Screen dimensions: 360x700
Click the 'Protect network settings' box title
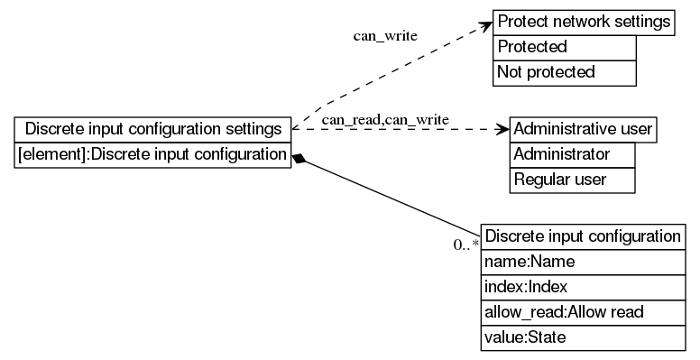point(584,22)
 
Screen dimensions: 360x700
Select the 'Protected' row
point(565,47)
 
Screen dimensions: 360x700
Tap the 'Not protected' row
point(565,72)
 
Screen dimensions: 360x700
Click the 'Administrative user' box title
point(582,129)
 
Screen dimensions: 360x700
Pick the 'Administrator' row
point(572,154)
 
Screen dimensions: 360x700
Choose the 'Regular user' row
point(572,180)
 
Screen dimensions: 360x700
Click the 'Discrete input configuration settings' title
point(153,129)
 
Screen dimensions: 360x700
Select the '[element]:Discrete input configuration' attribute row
point(153,154)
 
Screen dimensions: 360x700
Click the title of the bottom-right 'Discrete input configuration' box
point(583,236)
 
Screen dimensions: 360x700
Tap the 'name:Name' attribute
point(583,262)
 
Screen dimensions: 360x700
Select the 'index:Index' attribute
point(583,287)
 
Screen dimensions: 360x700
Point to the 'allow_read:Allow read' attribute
point(583,312)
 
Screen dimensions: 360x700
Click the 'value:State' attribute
point(583,337)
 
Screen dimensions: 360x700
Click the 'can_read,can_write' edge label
point(385,119)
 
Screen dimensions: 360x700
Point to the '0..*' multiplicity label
point(465,245)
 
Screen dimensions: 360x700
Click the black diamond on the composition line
point(301,160)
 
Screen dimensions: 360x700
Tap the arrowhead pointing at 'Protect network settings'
point(485,25)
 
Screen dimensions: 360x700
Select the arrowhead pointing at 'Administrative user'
point(502,129)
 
